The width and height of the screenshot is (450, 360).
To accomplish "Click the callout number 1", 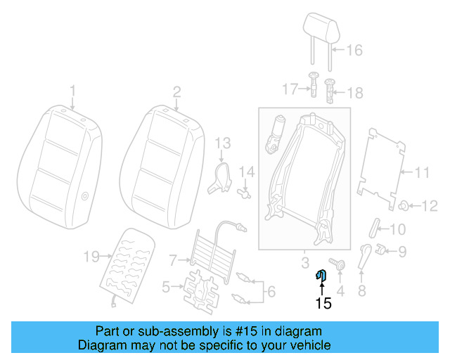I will click(72, 91).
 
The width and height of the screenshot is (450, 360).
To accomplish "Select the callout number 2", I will click(177, 91).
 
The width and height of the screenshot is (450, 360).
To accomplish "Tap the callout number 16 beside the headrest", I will click(354, 50).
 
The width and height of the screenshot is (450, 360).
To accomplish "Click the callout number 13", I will click(222, 143).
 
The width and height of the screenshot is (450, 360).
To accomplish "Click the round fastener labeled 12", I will click(406, 205).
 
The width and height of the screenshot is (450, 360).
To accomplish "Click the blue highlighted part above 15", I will click(322, 275).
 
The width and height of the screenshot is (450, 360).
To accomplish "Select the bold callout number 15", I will click(323, 304).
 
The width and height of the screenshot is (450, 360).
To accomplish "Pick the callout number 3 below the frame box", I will click(304, 263).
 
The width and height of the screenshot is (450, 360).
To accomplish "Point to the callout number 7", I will click(173, 260).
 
